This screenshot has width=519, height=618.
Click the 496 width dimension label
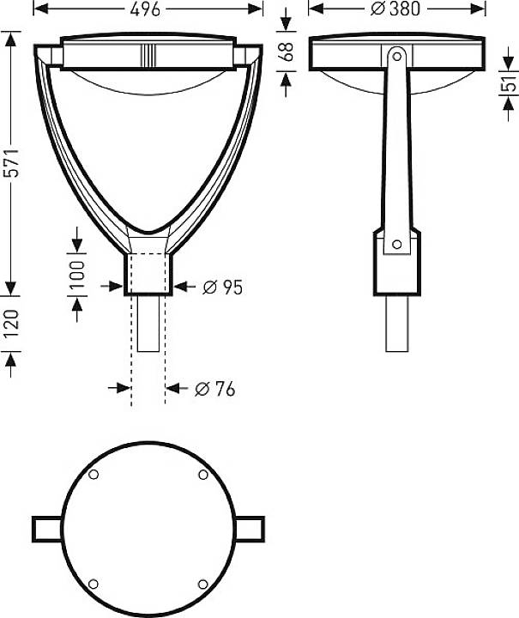point(148,9)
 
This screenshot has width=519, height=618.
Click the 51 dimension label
point(509,84)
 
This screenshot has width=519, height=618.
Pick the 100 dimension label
point(77,274)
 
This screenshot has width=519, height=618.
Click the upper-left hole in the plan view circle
point(94,476)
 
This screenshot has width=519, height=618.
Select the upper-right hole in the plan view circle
point(203,476)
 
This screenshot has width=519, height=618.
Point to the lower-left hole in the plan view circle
point(94,585)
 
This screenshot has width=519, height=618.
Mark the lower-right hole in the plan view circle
point(203,585)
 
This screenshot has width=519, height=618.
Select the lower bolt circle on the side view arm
point(396,245)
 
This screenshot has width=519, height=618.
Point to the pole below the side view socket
point(396,323)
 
